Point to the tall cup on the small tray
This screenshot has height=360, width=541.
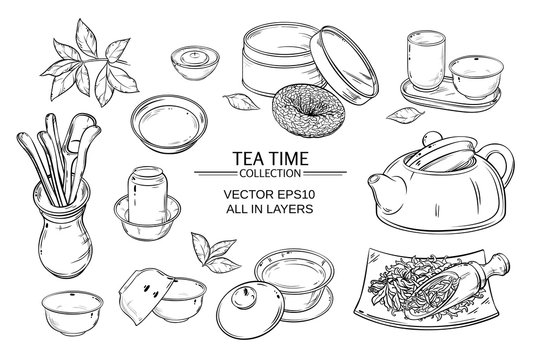[x=421, y=57]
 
